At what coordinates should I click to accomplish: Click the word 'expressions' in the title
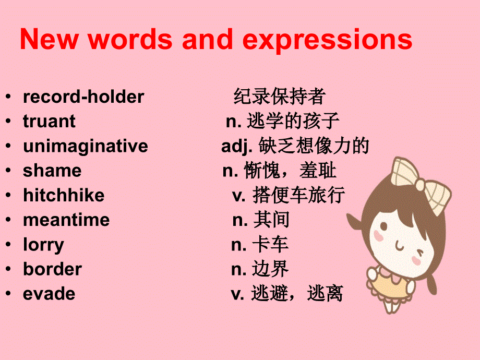click(328, 40)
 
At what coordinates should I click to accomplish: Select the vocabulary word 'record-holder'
click(83, 97)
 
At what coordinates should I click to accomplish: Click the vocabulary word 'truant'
click(49, 121)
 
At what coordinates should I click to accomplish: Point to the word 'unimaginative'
click(86, 146)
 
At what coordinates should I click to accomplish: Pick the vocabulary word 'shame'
click(52, 171)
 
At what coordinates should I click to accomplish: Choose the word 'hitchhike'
click(64, 195)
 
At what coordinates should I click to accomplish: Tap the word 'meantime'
click(66, 220)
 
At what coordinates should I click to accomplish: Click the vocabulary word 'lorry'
click(44, 244)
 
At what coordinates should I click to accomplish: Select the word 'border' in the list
click(52, 269)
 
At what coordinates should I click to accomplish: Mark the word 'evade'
click(49, 294)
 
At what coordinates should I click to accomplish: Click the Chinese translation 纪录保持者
click(280, 97)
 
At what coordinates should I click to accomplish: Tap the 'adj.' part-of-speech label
click(233, 146)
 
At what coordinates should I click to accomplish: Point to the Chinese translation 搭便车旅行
click(298, 195)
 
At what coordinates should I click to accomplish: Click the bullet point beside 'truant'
click(8, 121)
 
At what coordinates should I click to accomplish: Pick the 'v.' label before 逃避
click(237, 294)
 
